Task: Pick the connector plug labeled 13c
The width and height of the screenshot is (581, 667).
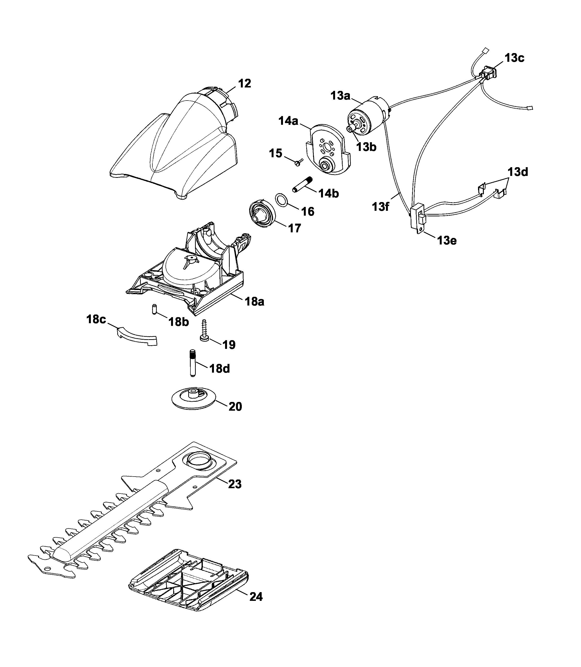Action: tap(489, 73)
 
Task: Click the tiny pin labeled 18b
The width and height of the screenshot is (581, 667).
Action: tap(155, 309)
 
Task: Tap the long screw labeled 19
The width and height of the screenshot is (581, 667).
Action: tap(204, 330)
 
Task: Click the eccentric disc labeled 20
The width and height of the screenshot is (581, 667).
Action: tap(194, 397)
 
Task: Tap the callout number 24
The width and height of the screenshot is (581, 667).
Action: tap(256, 597)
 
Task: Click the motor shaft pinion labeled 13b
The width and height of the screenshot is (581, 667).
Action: tap(350, 129)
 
